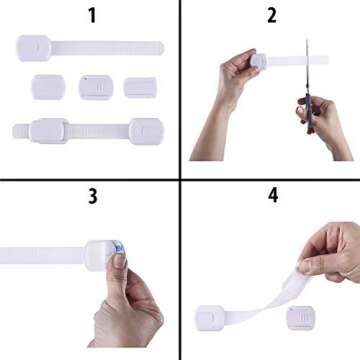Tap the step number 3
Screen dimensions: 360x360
[x=92, y=196]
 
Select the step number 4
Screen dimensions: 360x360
[x=271, y=196]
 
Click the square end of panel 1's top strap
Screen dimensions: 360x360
[x=33, y=46]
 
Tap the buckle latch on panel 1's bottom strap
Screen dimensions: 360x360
[x=48, y=130]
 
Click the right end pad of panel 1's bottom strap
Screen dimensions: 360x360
[x=146, y=130]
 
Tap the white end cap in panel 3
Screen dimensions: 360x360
[x=103, y=255]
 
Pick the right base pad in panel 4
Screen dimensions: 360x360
[x=299, y=317]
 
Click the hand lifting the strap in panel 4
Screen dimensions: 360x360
[x=330, y=255]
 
